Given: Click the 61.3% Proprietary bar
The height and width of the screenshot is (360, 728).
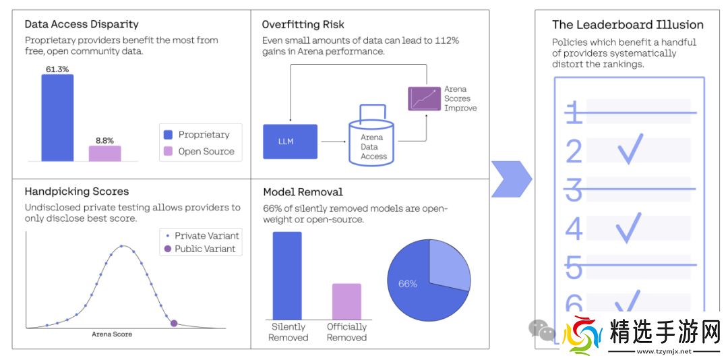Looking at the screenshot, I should coord(57,117).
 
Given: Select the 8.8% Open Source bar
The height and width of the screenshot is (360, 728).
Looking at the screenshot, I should coord(104,154).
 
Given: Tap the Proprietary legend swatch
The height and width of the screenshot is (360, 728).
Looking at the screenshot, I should coord(168,134).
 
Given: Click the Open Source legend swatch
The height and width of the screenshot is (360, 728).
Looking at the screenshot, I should coord(168,151).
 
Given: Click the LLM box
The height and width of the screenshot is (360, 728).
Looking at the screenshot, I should coord(290,142).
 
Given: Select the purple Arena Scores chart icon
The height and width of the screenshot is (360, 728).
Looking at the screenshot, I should coord(424,98).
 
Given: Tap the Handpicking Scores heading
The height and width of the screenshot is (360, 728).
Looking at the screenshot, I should coord(76,191).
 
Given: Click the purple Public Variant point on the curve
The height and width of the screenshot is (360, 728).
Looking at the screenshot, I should coord(174,324).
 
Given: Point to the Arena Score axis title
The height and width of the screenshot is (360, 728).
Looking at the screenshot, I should coord(112,334).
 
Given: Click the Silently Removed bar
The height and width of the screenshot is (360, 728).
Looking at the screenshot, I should coord(287,275).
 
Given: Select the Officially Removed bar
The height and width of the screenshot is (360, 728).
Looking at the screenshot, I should coord(346,301).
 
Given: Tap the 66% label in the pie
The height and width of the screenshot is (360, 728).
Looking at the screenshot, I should coord(408,284).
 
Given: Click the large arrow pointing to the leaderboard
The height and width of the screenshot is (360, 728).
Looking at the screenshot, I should coord(510,179).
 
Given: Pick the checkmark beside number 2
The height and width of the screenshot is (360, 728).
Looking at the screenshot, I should coord(631,149).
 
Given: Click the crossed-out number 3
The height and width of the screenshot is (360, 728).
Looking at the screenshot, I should coord(574,190).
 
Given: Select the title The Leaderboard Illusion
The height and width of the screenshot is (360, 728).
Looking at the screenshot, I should coord(628,25).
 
